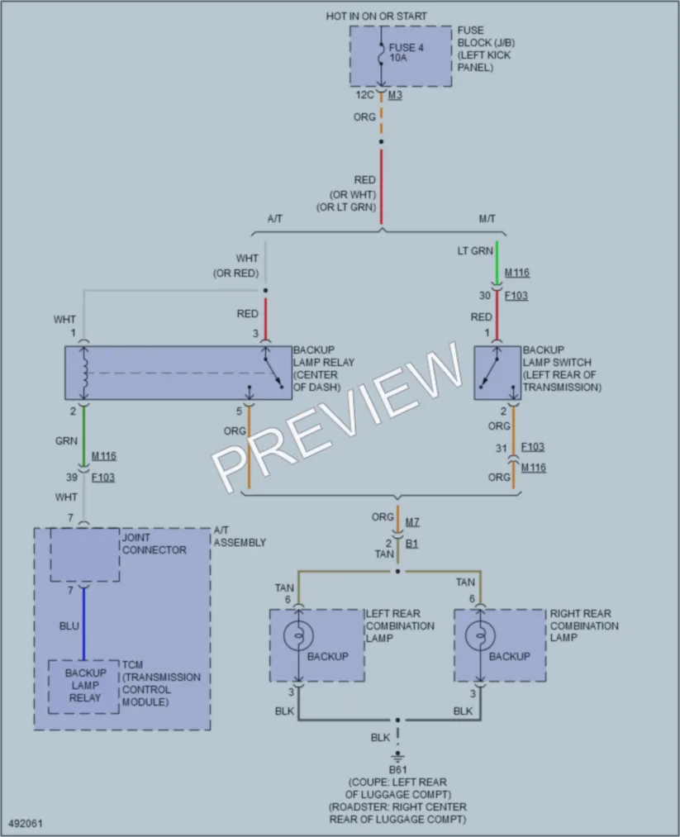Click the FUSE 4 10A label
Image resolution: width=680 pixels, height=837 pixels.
406,52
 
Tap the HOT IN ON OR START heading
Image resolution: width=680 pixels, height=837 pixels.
376,17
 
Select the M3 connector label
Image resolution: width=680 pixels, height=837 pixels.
395,95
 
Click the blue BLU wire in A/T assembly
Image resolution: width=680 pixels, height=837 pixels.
83,624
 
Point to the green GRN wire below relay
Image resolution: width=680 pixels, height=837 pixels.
83,435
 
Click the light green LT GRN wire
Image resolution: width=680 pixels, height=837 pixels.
497,263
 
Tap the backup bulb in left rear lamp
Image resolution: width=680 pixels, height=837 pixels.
298,635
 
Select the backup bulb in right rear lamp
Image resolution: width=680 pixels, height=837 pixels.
480,635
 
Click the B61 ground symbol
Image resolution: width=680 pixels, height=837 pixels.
397,756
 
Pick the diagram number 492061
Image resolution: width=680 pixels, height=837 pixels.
26,824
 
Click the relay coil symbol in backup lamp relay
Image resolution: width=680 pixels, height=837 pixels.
83,373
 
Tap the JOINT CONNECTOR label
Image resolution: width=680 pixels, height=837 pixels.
155,544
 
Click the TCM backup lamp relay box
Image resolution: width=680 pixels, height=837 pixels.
83,687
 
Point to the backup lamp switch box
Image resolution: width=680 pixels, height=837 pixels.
497,373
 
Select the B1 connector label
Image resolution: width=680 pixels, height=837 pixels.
411,544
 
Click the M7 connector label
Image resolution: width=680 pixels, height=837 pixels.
412,522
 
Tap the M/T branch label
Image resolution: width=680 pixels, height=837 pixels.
487,219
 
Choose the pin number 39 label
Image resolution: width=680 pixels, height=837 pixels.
72,477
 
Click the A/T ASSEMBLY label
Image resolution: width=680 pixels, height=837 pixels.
240,536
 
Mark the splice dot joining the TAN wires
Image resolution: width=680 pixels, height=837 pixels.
397,571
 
